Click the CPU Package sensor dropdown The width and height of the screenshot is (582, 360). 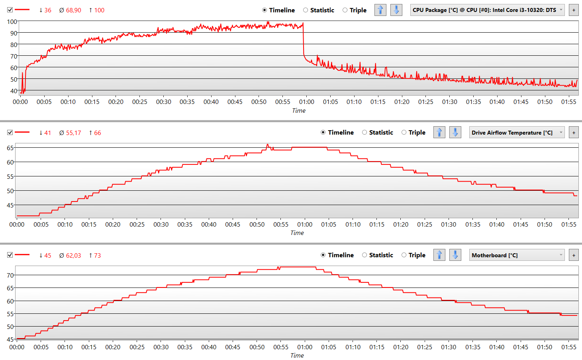487,10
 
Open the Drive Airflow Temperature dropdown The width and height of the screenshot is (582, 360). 517,133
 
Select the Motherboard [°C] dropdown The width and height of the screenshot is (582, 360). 517,255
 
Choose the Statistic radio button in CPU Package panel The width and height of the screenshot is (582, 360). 306,10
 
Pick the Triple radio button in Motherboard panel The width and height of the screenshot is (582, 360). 404,255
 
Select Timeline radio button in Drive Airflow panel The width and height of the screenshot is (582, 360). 323,132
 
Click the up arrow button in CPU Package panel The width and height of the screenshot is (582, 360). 380,10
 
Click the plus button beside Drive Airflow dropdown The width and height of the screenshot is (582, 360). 574,133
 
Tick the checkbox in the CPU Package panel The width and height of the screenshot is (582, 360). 10,10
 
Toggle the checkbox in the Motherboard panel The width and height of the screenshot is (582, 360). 10,255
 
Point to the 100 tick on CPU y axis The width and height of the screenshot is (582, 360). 12,22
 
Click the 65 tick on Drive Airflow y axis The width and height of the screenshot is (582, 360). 10,148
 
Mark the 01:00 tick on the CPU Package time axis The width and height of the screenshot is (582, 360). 306,102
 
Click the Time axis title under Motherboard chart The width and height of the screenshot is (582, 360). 297,355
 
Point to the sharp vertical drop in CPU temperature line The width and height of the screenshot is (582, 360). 304,40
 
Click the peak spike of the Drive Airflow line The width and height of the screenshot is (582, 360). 267,145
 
